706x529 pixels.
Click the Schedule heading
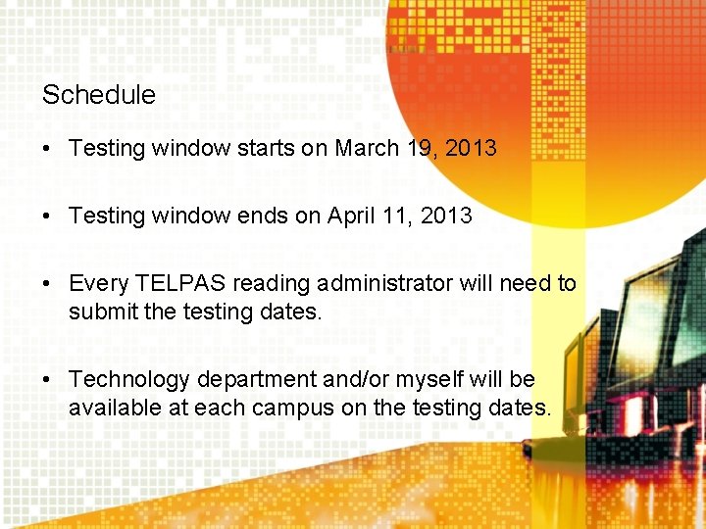(98, 95)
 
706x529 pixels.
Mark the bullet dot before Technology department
(47, 379)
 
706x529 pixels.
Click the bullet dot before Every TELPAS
(47, 284)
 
